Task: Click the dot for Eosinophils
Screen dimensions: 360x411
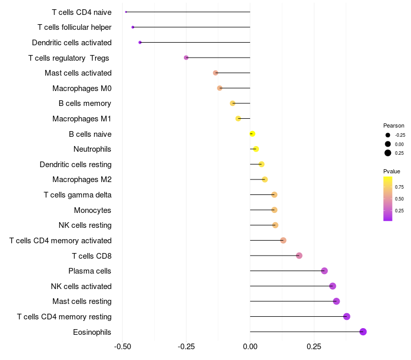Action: pos(363,332)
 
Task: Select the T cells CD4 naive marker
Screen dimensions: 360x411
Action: pos(126,12)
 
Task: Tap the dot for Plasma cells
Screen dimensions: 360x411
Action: pos(324,271)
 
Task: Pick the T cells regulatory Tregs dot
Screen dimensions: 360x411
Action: pos(186,58)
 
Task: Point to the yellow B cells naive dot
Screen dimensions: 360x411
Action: pos(252,134)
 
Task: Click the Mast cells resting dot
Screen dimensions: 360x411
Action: pos(337,301)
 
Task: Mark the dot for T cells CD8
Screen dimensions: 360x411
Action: pos(299,256)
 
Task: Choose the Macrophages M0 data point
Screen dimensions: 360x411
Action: pos(220,88)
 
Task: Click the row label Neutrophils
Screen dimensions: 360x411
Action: pos(92,149)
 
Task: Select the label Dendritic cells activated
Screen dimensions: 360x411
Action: pos(71,42)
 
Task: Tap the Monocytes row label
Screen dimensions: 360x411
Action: pos(92,210)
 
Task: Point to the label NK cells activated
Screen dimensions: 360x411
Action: pos(81,286)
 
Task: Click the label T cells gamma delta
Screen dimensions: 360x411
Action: pos(78,195)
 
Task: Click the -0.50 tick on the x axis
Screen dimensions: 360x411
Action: pos(122,347)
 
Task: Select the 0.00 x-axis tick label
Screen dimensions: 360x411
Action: pos(250,347)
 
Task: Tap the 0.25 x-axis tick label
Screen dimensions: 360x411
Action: pos(313,347)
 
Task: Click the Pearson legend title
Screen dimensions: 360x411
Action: pos(394,125)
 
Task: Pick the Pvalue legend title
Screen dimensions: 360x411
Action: pos(391,171)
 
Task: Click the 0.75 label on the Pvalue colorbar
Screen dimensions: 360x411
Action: pos(399,187)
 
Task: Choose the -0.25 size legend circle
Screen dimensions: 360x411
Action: pos(388,135)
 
